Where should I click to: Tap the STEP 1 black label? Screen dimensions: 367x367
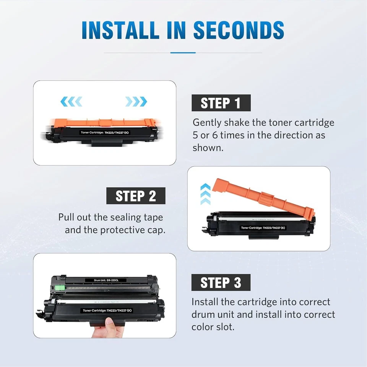[221, 103]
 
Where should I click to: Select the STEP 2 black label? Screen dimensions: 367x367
[136, 196]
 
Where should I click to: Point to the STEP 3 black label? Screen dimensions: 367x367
[221, 283]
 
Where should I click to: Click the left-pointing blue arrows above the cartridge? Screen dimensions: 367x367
[71, 101]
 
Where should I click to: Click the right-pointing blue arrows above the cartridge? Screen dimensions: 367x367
[136, 101]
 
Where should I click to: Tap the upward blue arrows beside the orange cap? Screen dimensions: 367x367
[205, 194]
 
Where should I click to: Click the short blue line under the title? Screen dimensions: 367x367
[183, 53]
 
